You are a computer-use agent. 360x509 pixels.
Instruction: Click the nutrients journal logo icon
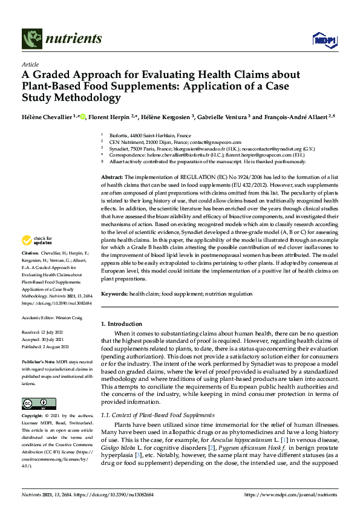[x=31, y=39]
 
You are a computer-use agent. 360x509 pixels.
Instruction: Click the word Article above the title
[x=30, y=65]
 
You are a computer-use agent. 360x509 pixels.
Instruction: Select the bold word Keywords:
[x=115, y=293]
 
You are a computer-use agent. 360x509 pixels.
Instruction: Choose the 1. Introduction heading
[x=122, y=324]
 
